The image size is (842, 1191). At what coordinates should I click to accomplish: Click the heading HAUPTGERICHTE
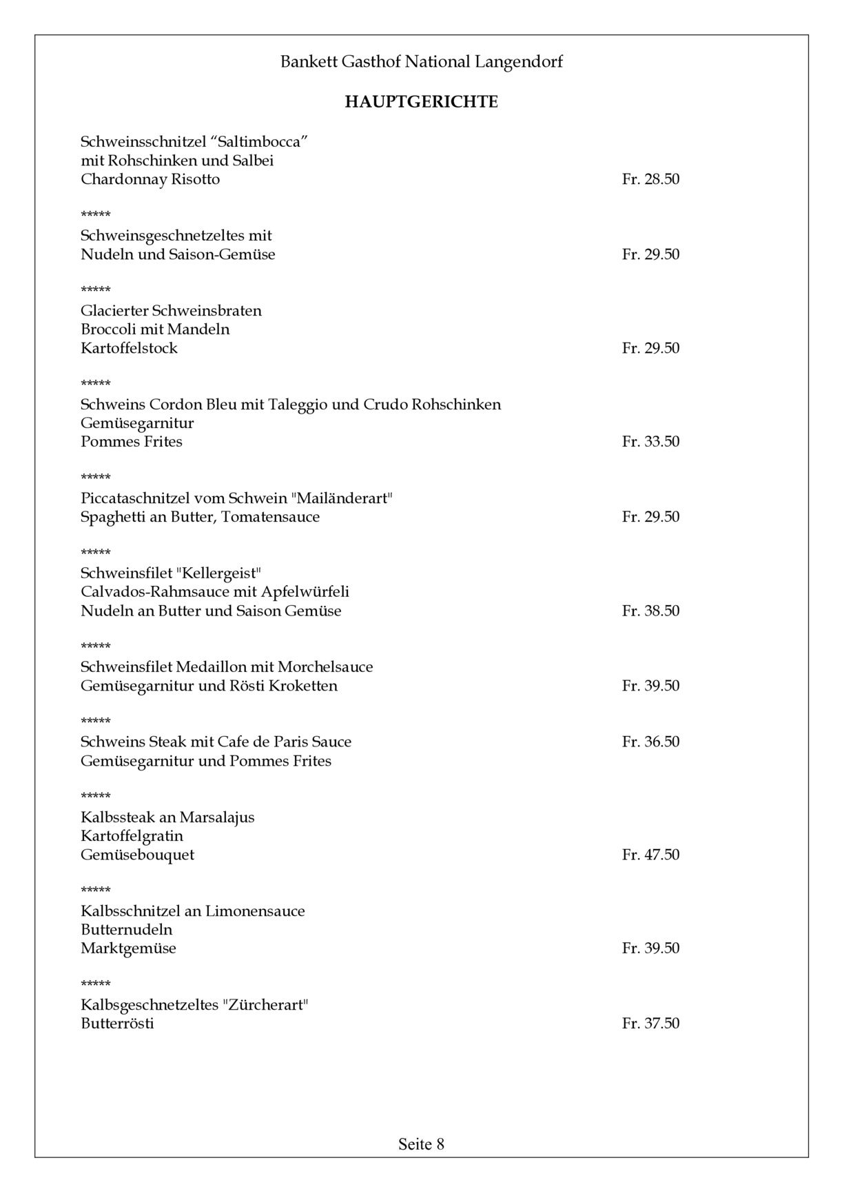(x=421, y=102)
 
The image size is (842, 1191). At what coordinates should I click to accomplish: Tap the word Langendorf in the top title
(x=518, y=62)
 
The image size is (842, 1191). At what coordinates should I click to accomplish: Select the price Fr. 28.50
(x=650, y=179)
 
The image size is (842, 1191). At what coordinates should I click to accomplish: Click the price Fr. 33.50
(x=650, y=441)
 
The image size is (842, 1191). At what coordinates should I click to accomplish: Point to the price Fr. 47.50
(x=650, y=855)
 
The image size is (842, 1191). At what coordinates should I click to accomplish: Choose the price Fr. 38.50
(x=650, y=611)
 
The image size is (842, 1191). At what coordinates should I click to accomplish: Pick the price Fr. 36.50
(x=650, y=742)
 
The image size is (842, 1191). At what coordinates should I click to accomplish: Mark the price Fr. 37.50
(x=650, y=1023)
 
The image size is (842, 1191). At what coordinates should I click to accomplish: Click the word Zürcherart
(x=265, y=1004)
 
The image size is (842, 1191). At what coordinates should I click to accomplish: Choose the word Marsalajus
(x=217, y=817)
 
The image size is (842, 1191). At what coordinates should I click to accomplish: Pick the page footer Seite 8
(x=421, y=1144)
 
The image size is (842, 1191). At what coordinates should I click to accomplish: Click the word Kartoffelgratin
(x=132, y=836)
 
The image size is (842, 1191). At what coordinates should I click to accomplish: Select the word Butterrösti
(x=117, y=1023)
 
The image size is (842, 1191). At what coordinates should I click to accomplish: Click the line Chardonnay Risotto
(x=150, y=179)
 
